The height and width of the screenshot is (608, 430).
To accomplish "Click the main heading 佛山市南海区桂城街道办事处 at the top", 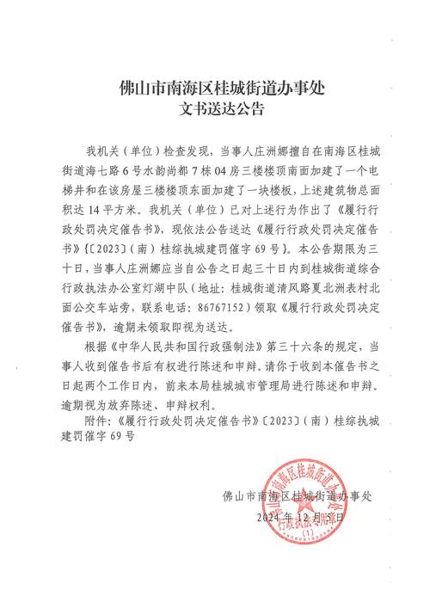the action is (x=216, y=89).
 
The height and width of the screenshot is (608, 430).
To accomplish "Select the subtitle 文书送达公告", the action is (x=216, y=109).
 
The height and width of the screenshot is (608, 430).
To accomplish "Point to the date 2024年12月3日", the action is (x=299, y=518).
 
